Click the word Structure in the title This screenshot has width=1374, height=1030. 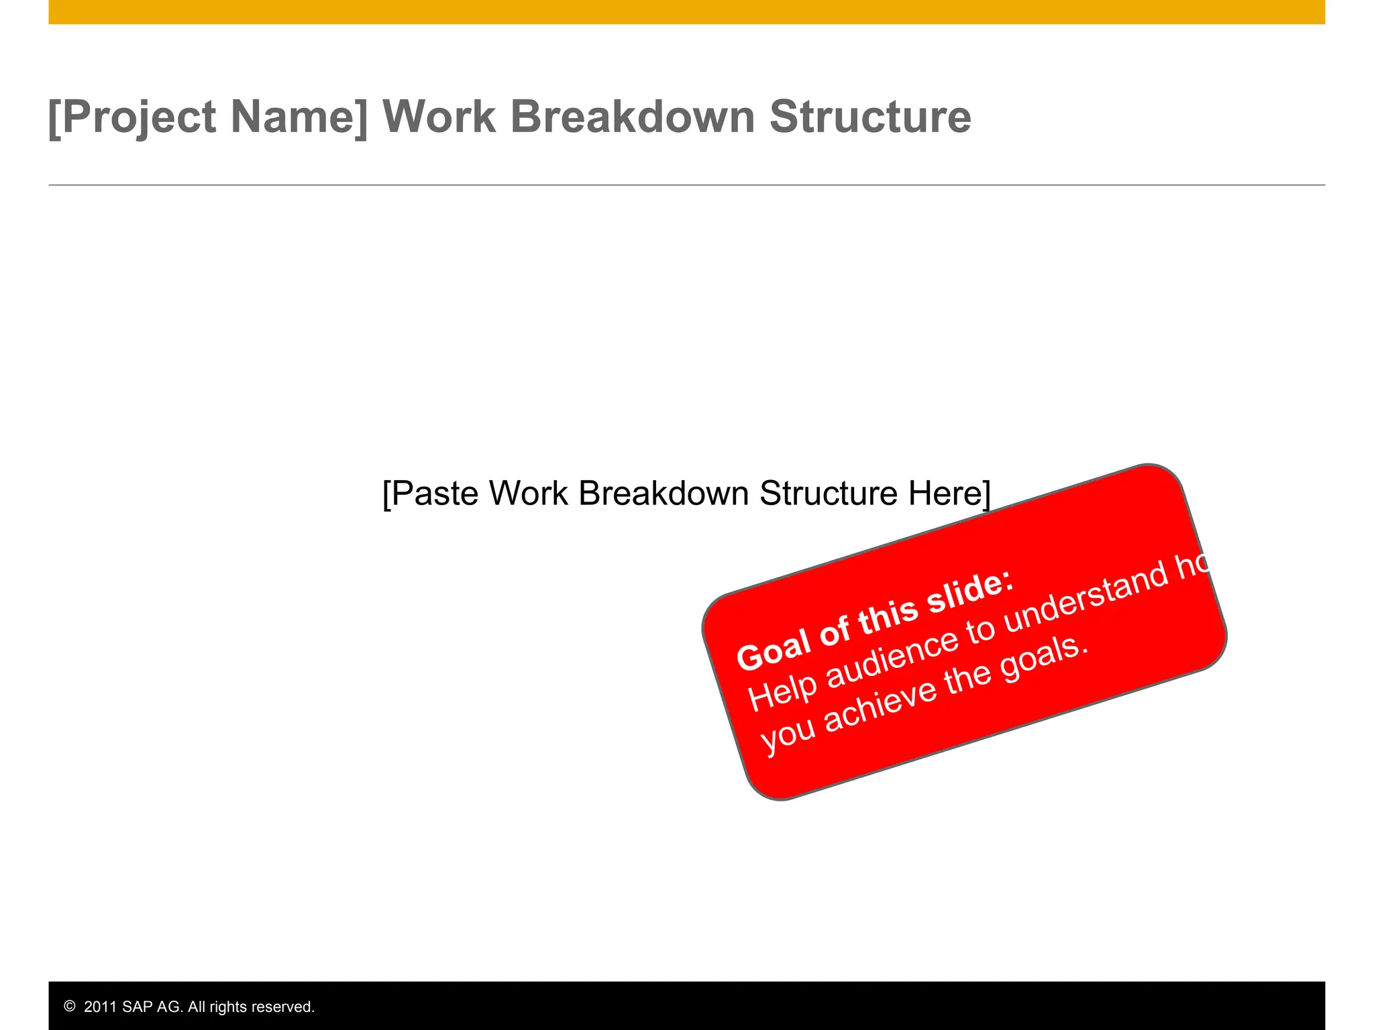[869, 117]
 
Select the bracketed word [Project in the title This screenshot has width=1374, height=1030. [132, 118]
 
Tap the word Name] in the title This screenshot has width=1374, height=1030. [299, 118]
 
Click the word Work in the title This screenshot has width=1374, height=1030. [439, 117]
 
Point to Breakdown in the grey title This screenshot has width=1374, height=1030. [633, 117]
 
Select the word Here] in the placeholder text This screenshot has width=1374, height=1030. [949, 494]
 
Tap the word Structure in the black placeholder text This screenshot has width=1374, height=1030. [829, 494]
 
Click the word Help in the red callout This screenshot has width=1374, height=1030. [782, 692]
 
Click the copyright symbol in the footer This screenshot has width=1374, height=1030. [70, 1006]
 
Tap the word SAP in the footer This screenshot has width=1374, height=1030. [138, 1007]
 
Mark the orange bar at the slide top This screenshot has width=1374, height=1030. [686, 11]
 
